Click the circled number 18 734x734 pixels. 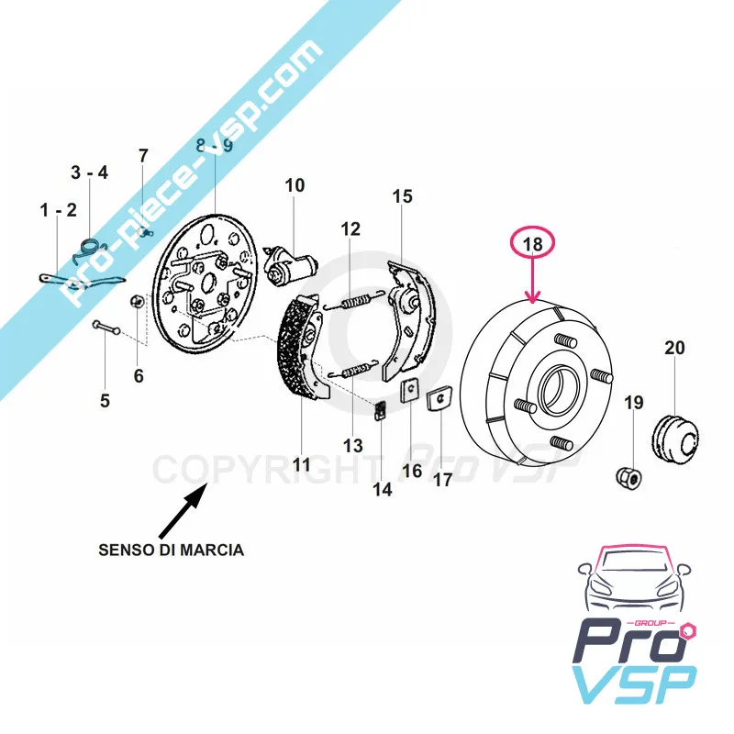click(534, 244)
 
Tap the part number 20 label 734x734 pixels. click(674, 348)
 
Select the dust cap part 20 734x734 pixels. click(677, 433)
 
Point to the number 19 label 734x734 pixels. click(634, 403)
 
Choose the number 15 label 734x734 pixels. click(403, 196)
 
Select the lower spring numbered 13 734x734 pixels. click(350, 371)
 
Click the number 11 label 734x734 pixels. click(302, 464)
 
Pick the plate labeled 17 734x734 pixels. click(439, 399)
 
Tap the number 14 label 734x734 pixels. click(383, 490)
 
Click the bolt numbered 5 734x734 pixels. click(106, 327)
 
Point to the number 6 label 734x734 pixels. click(139, 375)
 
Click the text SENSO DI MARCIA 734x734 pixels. click(172, 550)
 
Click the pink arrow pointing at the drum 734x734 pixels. click(534, 281)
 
